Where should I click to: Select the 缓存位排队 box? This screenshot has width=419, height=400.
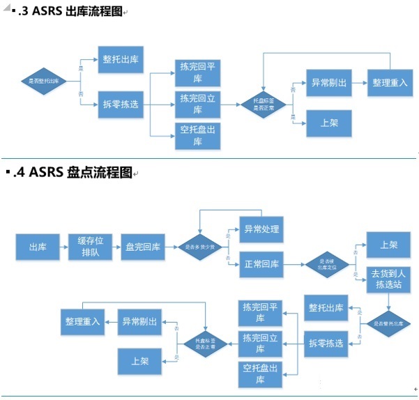[86, 247]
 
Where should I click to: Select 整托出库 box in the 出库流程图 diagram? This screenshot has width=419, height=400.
[121, 60]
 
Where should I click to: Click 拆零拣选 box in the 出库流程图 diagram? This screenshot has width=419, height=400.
[121, 104]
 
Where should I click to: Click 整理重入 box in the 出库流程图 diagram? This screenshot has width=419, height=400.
[390, 82]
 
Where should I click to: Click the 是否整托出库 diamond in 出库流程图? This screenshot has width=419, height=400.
[43, 82]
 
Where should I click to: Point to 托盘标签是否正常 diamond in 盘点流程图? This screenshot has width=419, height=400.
[205, 343]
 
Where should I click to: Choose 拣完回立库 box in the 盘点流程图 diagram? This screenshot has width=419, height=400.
[260, 343]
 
